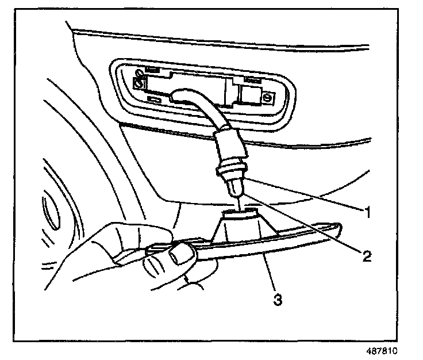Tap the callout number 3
(278, 299)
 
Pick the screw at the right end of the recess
(267, 98)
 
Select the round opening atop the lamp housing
(236, 214)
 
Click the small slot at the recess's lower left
(155, 99)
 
